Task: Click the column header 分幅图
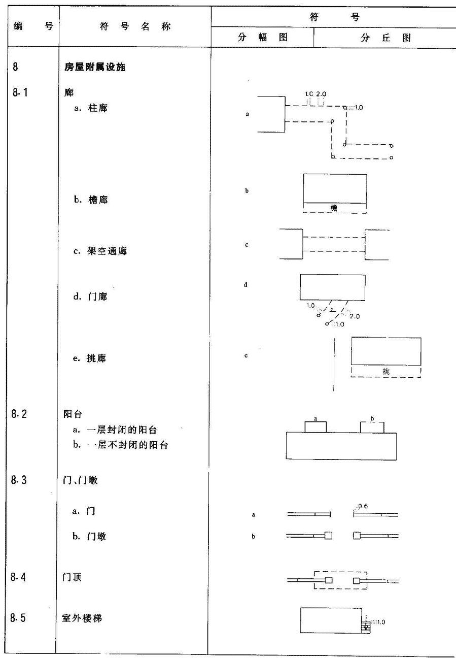263,37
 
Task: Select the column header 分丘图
385,38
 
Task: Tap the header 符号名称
135,27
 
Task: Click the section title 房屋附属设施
95,67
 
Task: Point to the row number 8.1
20,92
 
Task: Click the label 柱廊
98,108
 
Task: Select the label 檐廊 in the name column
98,200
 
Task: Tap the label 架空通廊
107,251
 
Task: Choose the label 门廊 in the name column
98,297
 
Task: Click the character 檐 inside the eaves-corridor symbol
334,208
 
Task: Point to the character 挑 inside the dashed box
386,371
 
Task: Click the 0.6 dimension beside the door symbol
363,506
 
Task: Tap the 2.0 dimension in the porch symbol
355,316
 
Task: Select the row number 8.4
18,577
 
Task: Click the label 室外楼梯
82,618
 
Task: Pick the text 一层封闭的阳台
122,430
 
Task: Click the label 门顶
72,577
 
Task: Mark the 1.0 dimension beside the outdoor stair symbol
381,621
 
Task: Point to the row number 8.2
19,414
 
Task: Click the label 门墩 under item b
96,536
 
